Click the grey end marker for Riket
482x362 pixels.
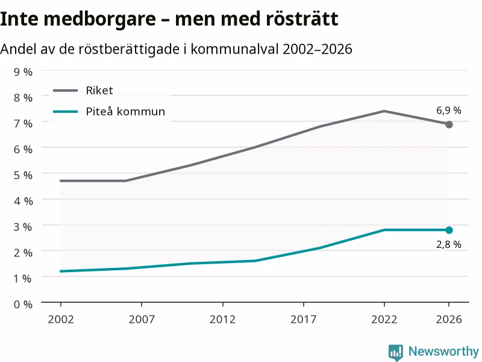point(449,124)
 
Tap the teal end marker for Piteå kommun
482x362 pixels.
point(449,230)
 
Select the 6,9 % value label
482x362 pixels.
point(448,110)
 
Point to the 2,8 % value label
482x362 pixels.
point(448,244)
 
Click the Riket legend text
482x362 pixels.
point(99,90)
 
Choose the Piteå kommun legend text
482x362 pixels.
point(125,111)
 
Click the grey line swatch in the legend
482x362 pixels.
point(66,91)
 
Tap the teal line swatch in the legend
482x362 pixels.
point(66,112)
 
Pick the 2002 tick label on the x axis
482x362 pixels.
point(61,319)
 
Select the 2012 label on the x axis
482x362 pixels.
point(222,319)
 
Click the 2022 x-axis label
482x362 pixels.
point(384,319)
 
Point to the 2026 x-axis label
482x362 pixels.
point(449,319)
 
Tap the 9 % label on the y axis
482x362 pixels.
point(23,72)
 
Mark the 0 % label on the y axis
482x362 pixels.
point(23,305)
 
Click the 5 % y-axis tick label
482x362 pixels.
point(23,175)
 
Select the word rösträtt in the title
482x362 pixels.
point(302,19)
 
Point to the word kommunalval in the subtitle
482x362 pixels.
point(234,49)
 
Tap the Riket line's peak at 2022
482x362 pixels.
point(384,111)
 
